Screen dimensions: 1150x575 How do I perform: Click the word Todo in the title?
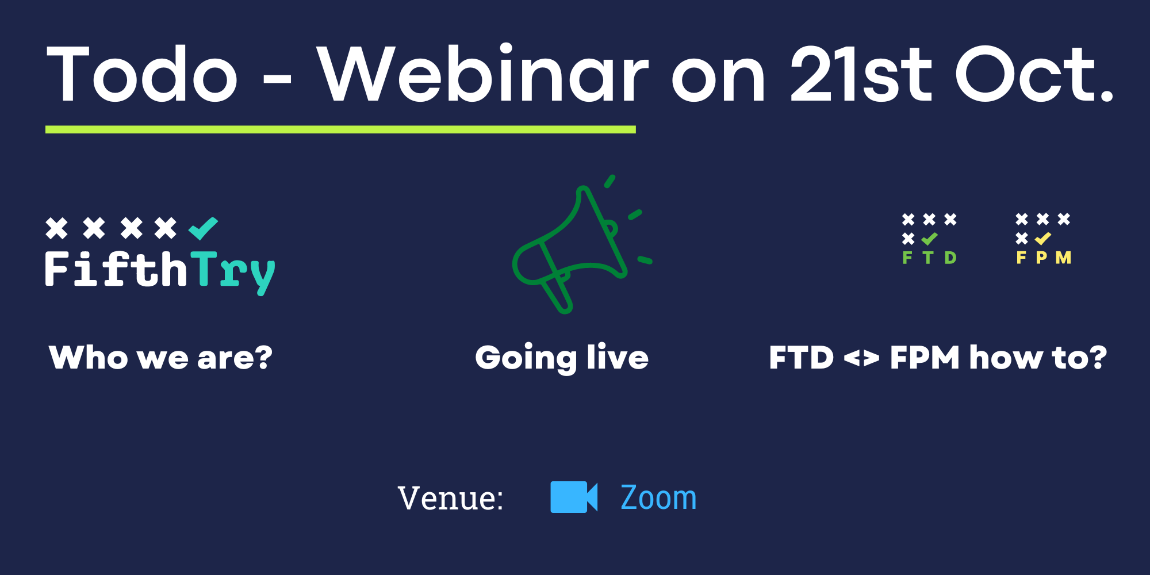click(142, 74)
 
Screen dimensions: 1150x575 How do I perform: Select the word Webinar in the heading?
click(483, 73)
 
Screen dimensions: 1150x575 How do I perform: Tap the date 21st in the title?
click(861, 74)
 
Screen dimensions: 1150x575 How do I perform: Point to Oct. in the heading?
click(1034, 74)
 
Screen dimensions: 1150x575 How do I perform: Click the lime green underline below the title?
click(340, 129)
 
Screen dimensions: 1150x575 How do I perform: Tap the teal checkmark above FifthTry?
click(204, 228)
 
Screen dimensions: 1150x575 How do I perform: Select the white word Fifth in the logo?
click(116, 269)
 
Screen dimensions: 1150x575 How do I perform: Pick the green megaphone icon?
click(581, 244)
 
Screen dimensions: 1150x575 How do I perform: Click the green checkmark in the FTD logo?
click(929, 239)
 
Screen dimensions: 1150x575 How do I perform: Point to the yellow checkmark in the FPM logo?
click(1043, 239)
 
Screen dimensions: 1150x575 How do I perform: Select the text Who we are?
click(161, 358)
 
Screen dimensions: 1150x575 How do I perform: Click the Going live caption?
click(562, 358)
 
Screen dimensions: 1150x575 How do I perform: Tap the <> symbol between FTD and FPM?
click(861, 359)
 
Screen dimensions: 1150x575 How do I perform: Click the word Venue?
click(450, 498)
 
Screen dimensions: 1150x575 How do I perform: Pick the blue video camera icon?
click(574, 497)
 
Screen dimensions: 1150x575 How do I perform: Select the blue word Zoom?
click(658, 497)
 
